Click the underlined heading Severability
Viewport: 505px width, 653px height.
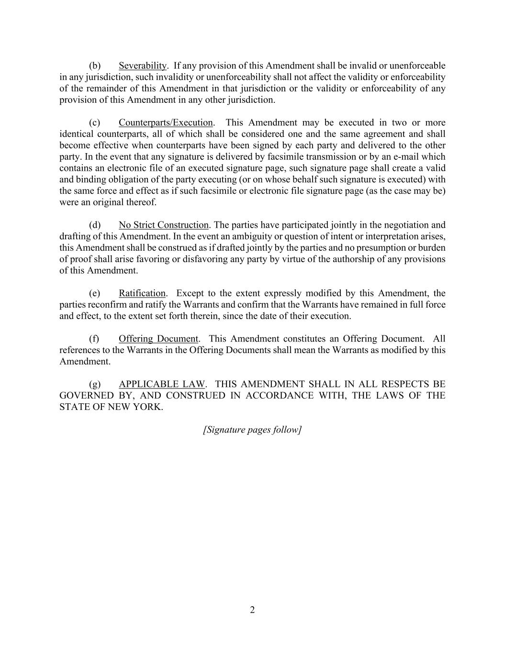(143, 66)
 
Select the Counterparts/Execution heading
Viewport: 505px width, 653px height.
(166, 122)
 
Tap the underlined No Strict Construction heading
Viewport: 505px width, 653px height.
(164, 225)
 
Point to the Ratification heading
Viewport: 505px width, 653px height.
(142, 293)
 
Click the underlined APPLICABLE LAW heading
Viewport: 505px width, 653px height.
(162, 384)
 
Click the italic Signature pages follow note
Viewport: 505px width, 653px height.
(252, 430)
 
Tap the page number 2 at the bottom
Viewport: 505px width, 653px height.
(252, 610)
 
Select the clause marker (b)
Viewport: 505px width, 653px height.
(95, 66)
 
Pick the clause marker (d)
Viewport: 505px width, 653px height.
(95, 225)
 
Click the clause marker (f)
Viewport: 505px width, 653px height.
(94, 339)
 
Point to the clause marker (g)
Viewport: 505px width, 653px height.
(95, 384)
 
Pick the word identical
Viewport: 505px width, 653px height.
(76, 134)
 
